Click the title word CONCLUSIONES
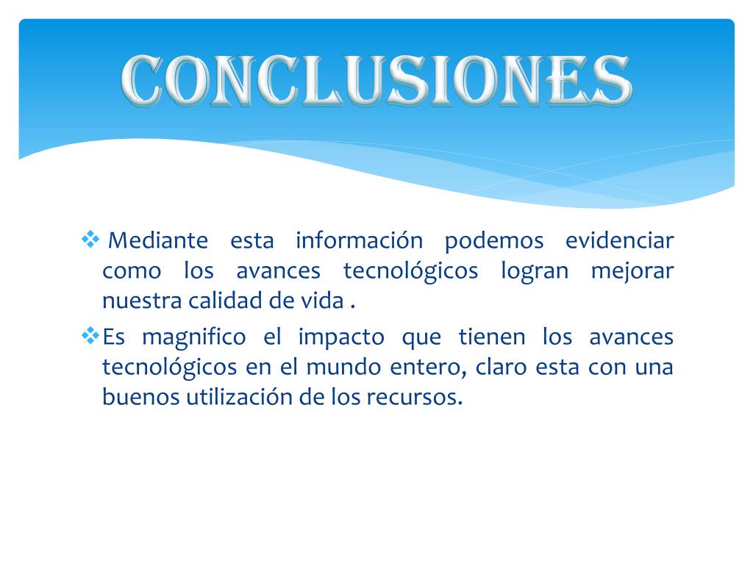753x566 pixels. [376, 80]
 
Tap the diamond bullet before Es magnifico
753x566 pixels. [90, 336]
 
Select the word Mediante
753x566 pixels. [158, 240]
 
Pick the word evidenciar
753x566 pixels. [618, 240]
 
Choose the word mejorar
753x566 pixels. [632, 272]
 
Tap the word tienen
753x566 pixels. [492, 337]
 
